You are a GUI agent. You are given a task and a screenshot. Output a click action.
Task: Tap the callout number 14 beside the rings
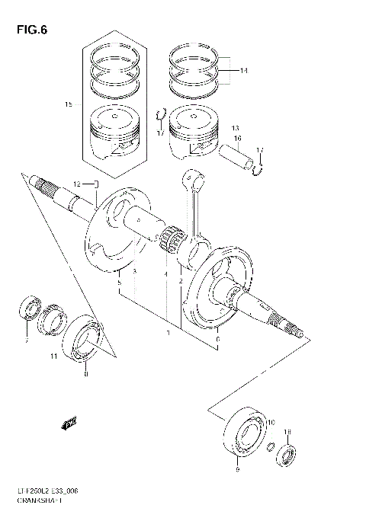pos(243,71)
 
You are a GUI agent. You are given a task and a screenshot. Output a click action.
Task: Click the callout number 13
pos(236,127)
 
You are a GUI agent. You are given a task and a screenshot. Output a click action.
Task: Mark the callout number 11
pos(53,357)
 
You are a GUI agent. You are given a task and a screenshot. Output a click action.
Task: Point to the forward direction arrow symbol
pos(70,422)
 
